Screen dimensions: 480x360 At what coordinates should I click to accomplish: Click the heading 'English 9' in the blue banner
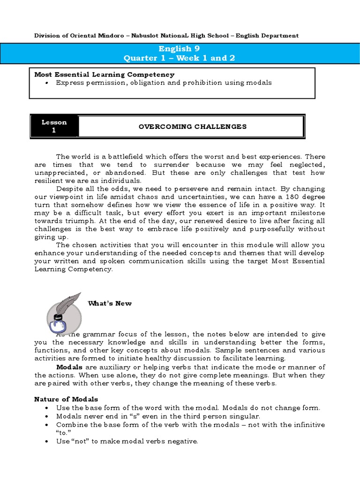pos(175,49)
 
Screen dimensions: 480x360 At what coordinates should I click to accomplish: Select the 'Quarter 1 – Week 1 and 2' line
pos(179,58)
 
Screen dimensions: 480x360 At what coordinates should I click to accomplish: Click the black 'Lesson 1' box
pos(54,126)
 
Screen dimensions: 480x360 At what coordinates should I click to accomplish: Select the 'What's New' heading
pos(110,303)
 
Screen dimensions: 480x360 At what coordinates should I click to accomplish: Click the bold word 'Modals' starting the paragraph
pos(69,367)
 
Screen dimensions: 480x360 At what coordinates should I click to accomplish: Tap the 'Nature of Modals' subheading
pos(66,399)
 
